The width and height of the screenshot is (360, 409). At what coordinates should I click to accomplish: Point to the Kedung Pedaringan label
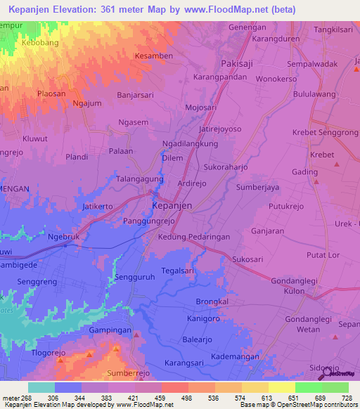click(x=194, y=238)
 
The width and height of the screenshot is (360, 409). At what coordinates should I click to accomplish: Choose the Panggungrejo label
click(x=148, y=221)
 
